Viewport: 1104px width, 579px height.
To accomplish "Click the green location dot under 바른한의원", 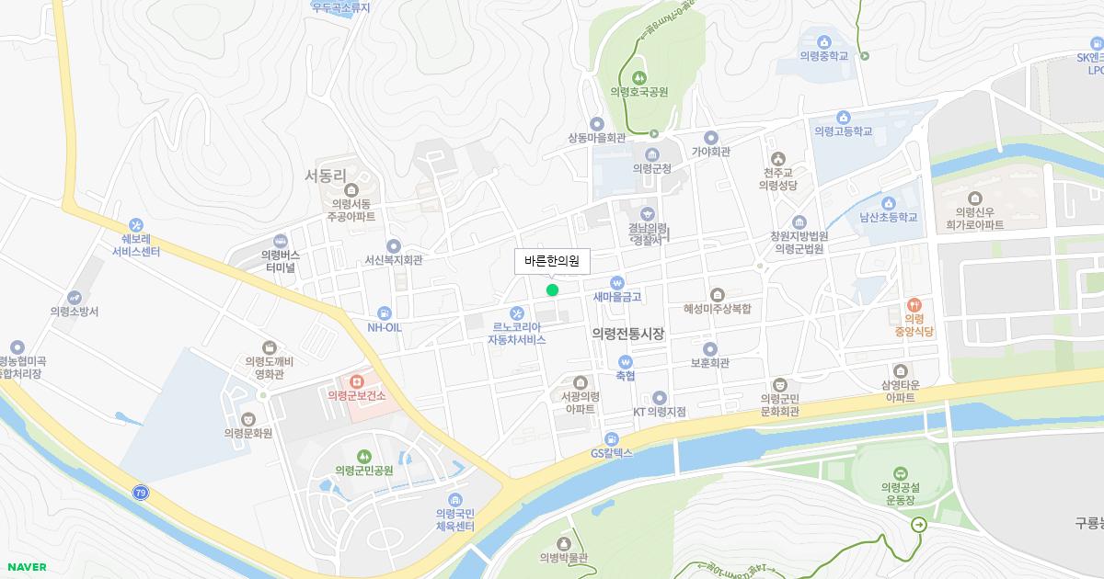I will (x=552, y=290).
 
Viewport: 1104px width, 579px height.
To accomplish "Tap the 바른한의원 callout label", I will (x=552, y=261).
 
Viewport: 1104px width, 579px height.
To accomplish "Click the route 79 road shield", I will (x=140, y=493).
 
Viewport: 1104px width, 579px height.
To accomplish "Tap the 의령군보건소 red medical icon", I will (x=356, y=380).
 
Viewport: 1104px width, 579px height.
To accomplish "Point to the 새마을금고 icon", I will (x=617, y=283).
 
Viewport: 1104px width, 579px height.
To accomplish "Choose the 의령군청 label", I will (x=651, y=169).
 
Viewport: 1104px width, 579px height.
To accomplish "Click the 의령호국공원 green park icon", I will (x=638, y=76).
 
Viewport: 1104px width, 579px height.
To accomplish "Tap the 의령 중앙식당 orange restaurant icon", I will (x=914, y=303).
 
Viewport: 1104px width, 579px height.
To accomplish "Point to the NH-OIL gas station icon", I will (x=384, y=312).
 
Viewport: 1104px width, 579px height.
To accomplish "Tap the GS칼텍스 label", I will (x=612, y=453).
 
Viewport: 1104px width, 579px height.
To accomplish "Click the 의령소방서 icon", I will (x=74, y=298).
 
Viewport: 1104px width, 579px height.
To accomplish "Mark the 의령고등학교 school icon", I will (x=843, y=117).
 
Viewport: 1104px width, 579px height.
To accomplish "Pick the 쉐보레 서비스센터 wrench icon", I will (x=136, y=224).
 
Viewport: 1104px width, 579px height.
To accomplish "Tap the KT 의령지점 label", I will (x=659, y=412).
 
